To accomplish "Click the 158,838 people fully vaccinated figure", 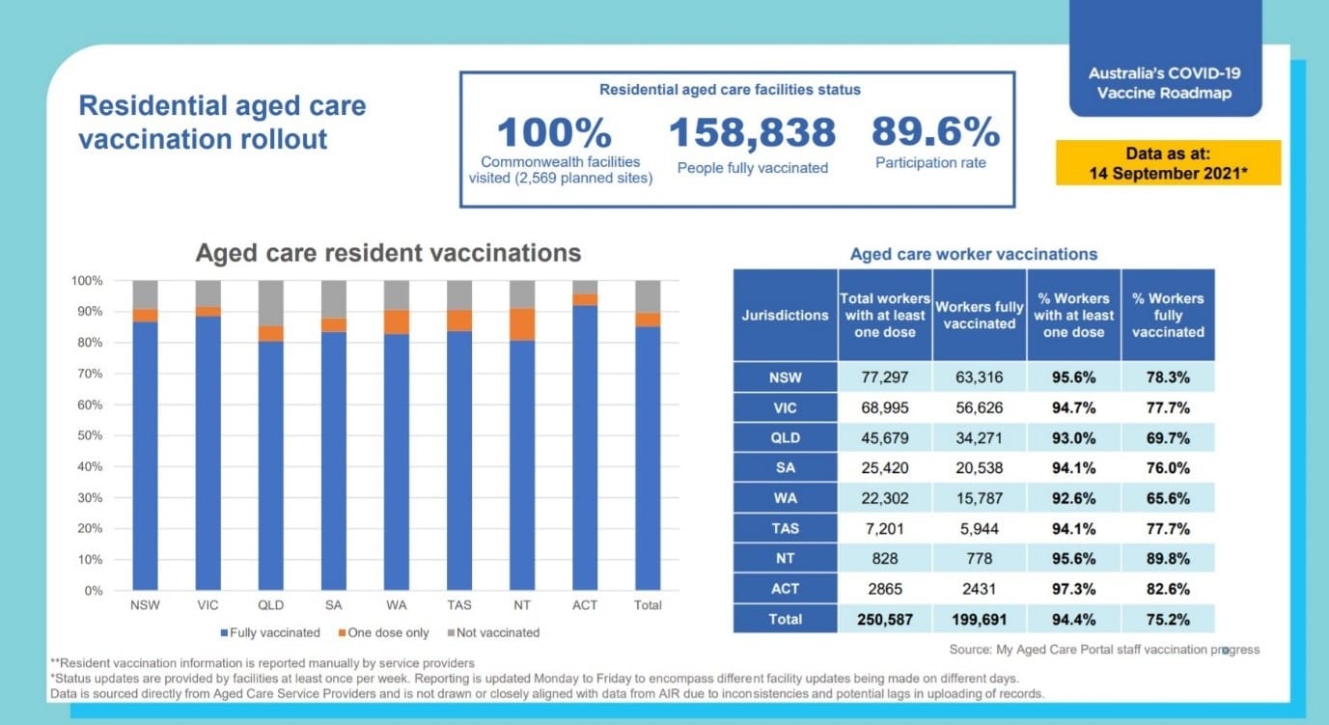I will tap(752, 133).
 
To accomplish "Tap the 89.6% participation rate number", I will tap(935, 133).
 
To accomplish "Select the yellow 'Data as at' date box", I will tap(1168, 163).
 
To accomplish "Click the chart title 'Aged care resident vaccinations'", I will tap(388, 253).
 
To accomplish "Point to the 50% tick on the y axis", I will tap(89, 435).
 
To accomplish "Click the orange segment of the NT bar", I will tap(522, 324).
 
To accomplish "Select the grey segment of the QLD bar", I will tap(271, 302).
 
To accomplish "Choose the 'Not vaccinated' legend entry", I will tap(493, 633).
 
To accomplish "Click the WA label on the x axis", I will tap(397, 605).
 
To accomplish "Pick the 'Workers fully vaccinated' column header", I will tap(979, 315).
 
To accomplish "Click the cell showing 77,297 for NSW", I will tap(885, 377).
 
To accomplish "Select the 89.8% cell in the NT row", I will tap(1168, 559).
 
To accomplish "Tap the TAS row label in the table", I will tap(785, 529).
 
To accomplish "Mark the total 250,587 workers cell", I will tap(885, 619).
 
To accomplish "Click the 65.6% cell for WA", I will tap(1168, 499).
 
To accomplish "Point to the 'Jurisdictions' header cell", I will tap(785, 315).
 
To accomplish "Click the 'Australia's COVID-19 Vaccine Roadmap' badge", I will tap(1164, 83).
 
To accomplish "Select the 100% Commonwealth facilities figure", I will tap(554, 133).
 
